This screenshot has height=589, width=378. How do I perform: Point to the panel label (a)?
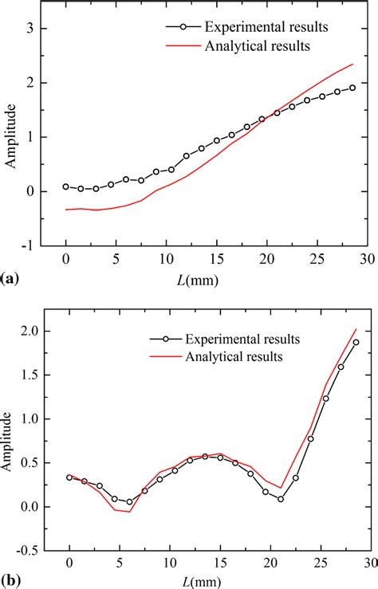click(11, 281)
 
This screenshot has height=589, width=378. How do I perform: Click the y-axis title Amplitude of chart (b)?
click(10, 441)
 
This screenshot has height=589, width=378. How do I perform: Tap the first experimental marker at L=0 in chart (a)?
click(65, 187)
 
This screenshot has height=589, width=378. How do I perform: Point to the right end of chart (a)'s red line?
click(352, 65)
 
